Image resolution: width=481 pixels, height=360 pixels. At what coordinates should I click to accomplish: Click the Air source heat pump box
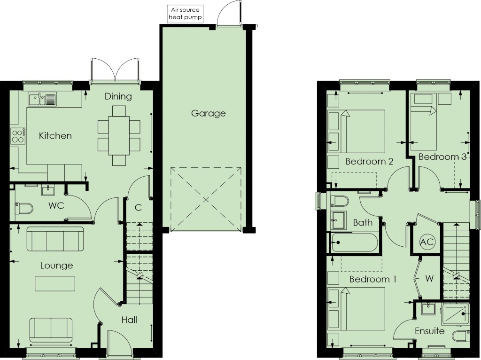pyautogui.click(x=186, y=14)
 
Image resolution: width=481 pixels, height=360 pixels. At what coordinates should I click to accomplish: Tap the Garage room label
pyautogui.click(x=208, y=113)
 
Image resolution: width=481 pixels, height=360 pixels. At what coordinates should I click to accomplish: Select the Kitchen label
pyautogui.click(x=55, y=136)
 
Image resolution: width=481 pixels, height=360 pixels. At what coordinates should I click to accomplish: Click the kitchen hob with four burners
pyautogui.click(x=18, y=136)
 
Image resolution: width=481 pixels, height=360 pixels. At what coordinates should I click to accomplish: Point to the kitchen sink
pyautogui.click(x=42, y=99)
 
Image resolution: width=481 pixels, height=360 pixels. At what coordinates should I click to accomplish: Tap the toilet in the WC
pyautogui.click(x=23, y=208)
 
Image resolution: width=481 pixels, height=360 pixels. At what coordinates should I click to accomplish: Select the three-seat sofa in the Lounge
pyautogui.click(x=55, y=239)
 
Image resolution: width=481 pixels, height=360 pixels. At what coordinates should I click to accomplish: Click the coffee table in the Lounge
pyautogui.click(x=55, y=283)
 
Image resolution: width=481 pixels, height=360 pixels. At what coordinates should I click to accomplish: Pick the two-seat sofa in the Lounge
pyautogui.click(x=51, y=330)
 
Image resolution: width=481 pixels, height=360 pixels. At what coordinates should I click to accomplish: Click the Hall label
pyautogui.click(x=129, y=320)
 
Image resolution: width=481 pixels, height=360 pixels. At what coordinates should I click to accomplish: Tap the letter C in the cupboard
pyautogui.click(x=139, y=208)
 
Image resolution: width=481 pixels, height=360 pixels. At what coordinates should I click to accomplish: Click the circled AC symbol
pyautogui.click(x=427, y=242)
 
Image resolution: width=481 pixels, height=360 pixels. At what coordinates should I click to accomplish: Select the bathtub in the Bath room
pyautogui.click(x=353, y=243)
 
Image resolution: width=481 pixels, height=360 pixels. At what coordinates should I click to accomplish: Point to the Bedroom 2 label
pyautogui.click(x=369, y=161)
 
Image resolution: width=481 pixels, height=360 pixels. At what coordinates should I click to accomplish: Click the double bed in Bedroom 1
pyautogui.click(x=357, y=308)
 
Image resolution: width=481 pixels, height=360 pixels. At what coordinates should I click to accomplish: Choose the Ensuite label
pyautogui.click(x=429, y=331)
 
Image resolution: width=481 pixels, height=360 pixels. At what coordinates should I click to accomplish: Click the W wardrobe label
pyautogui.click(x=429, y=278)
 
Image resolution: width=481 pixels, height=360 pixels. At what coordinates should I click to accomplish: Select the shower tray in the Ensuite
pyautogui.click(x=456, y=314)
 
